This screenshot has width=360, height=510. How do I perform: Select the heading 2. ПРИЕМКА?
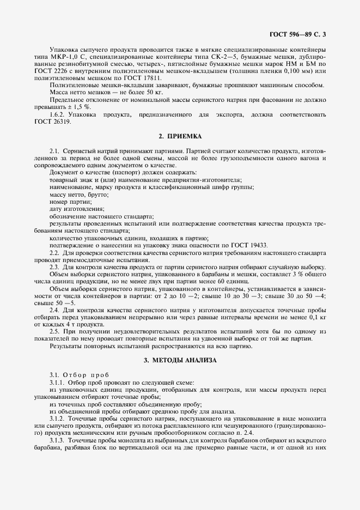179,135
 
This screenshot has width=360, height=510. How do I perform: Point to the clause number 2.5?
54,331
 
